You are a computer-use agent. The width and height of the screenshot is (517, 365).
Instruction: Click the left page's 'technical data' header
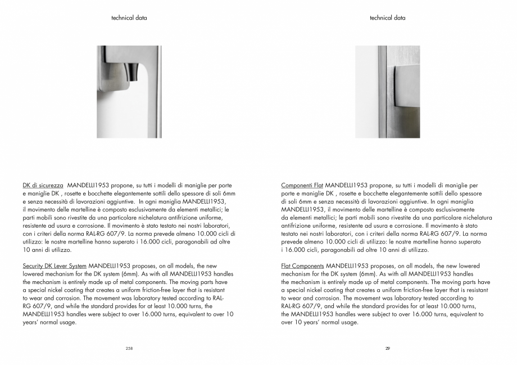coord(129,18)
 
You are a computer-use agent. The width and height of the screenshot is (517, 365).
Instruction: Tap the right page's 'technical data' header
coord(387,18)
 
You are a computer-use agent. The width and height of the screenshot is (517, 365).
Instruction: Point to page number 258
coord(129,349)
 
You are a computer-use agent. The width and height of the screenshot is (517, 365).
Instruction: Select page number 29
coord(387,349)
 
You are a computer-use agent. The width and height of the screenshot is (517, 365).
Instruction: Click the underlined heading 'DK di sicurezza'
coord(43,185)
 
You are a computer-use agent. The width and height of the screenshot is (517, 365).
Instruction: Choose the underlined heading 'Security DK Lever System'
coord(55,265)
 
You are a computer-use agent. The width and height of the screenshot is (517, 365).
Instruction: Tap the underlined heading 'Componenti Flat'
coord(302,185)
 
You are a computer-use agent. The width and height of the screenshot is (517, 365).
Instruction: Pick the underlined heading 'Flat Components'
coord(302,265)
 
